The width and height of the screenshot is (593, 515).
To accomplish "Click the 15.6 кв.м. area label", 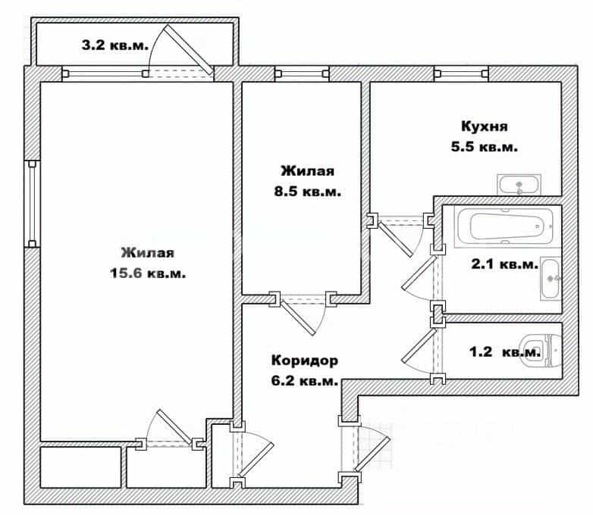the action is tap(148, 273).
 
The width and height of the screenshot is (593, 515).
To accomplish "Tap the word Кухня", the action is tap(485, 126).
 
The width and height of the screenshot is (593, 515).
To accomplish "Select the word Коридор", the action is tap(305, 360).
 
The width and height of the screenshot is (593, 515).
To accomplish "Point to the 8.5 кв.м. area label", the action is tap(308, 192).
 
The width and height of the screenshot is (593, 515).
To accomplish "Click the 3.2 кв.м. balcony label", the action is tap(115, 45).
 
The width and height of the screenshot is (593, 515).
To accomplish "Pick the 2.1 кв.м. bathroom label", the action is tap(504, 264).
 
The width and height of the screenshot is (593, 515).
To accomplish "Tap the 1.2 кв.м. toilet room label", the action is tap(505, 352).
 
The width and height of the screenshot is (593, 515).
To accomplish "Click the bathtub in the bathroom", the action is tap(506, 226).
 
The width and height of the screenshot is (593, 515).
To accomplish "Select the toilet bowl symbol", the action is tap(541, 351).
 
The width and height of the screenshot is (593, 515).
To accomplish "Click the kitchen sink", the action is tap(519, 185).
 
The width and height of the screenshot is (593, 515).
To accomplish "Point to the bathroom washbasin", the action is tap(551, 279).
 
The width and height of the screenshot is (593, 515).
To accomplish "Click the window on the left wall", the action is tap(32, 204).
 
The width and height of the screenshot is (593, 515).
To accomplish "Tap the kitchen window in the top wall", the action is tap(461, 73).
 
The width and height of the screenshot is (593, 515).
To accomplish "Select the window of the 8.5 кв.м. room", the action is tap(302, 73).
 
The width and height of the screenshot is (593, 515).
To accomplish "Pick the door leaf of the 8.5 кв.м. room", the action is tap(297, 318).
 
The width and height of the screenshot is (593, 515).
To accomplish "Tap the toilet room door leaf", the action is tap(419, 346).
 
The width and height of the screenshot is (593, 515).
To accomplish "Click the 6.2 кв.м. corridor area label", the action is tap(305, 381).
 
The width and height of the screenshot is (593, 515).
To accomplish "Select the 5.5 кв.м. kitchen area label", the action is tap(485, 147).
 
